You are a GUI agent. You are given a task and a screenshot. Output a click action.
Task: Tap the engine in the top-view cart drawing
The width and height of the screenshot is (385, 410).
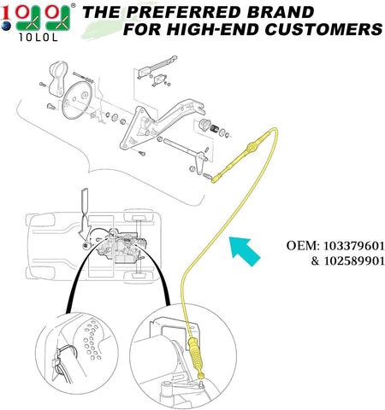[x=121, y=245]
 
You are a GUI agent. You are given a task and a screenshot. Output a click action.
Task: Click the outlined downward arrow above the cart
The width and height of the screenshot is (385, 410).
[x=86, y=202]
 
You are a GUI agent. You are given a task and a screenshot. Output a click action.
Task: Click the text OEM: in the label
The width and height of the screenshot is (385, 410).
[x=303, y=246]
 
